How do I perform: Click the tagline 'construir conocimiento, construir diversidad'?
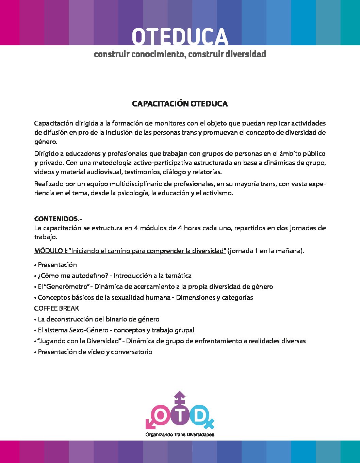click(x=180, y=54)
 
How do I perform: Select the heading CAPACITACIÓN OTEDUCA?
click(x=180, y=104)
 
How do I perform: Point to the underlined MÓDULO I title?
click(x=130, y=251)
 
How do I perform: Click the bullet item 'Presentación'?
click(x=57, y=265)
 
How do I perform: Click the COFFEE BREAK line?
click(x=56, y=308)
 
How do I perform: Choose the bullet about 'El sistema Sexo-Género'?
click(x=116, y=330)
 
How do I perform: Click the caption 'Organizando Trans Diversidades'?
click(x=180, y=434)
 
